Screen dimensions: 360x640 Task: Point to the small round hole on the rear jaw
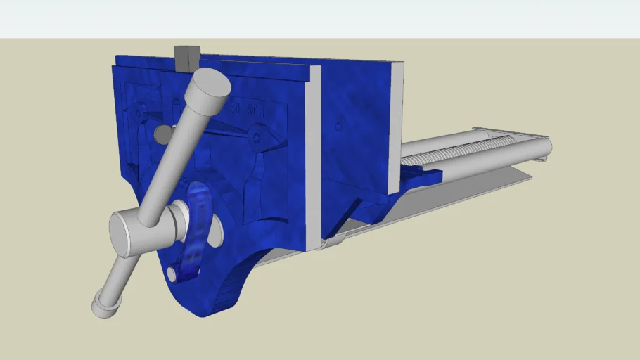pyautogui.click(x=338, y=127)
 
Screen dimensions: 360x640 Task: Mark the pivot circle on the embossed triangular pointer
pyautogui.click(x=259, y=134)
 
